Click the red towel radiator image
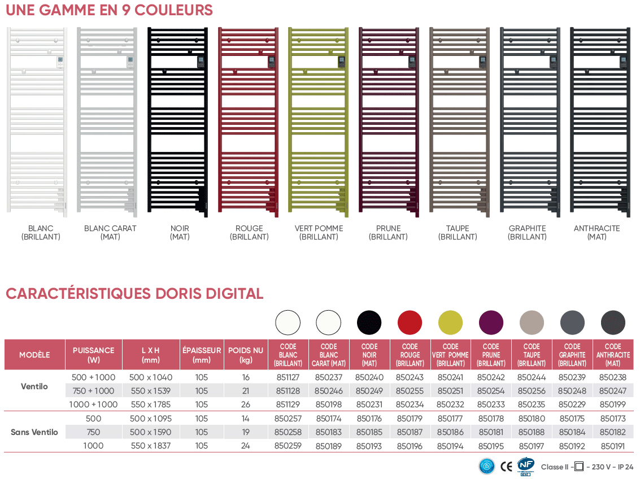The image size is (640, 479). (248, 122)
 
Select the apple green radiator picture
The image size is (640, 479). (319, 122)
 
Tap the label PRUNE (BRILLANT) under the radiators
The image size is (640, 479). (388, 233)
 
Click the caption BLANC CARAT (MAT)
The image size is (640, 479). (110, 233)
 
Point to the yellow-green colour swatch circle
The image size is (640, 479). (450, 323)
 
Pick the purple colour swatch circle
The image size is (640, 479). (491, 323)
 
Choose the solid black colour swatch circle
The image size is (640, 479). (369, 323)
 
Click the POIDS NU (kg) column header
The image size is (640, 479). (246, 355)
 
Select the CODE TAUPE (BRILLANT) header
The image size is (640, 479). (532, 355)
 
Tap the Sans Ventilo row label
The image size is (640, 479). (34, 432)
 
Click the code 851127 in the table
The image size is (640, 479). (288, 377)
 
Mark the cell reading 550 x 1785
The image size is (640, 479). (151, 404)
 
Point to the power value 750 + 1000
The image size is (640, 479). (93, 391)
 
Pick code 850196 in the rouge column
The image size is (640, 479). (410, 446)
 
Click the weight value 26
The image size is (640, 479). (246, 404)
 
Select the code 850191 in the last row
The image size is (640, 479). (613, 446)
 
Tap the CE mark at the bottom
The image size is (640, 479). (506, 467)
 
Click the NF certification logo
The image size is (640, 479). (526, 467)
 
